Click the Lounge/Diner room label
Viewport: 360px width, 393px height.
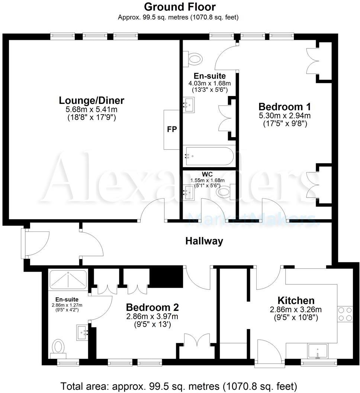(x=91, y=100)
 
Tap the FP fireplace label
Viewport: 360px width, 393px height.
(x=172, y=130)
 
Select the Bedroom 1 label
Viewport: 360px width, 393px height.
(x=285, y=105)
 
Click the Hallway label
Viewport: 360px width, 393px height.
(x=204, y=241)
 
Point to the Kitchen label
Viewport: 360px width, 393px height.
(x=296, y=300)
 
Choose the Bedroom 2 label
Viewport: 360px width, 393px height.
(x=152, y=307)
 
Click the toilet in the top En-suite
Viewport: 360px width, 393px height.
(x=195, y=58)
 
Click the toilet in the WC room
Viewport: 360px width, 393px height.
(x=225, y=192)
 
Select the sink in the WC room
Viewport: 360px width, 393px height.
(x=188, y=191)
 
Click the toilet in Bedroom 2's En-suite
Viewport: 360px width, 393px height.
(x=58, y=347)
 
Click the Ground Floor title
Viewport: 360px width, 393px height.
(x=180, y=7)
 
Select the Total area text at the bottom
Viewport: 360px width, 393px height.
(x=179, y=386)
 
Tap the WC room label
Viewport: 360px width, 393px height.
(x=207, y=174)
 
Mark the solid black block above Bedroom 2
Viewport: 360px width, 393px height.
(x=166, y=278)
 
